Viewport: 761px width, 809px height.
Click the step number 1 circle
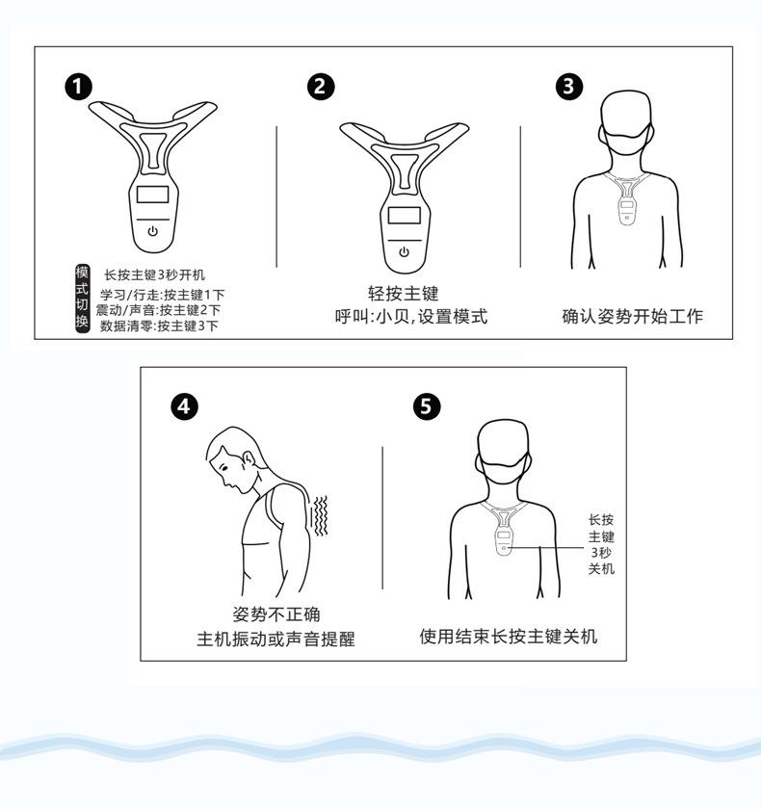tap(78, 86)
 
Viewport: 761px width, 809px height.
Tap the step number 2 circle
tap(321, 86)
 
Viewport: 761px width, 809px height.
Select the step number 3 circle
tap(569, 86)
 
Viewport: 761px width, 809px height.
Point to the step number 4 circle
tap(184, 406)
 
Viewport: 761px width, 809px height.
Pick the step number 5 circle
tap(427, 406)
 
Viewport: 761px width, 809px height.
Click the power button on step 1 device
tap(153, 231)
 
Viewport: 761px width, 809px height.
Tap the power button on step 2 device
tap(404, 251)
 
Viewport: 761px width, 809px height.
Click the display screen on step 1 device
tap(153, 195)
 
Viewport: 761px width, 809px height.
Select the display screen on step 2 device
tap(404, 215)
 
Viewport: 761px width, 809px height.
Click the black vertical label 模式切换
tap(83, 299)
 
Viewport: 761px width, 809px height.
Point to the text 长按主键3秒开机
tap(155, 274)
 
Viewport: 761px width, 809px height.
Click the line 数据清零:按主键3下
tap(159, 326)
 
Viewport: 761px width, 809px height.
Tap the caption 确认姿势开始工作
tap(633, 316)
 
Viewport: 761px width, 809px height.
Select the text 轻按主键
tap(404, 293)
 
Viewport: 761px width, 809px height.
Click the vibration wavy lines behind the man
tap(321, 515)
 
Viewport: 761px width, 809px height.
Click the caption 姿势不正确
tap(276, 614)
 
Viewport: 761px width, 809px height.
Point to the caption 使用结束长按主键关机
tap(509, 637)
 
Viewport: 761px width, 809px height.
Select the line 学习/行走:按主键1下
tap(163, 295)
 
